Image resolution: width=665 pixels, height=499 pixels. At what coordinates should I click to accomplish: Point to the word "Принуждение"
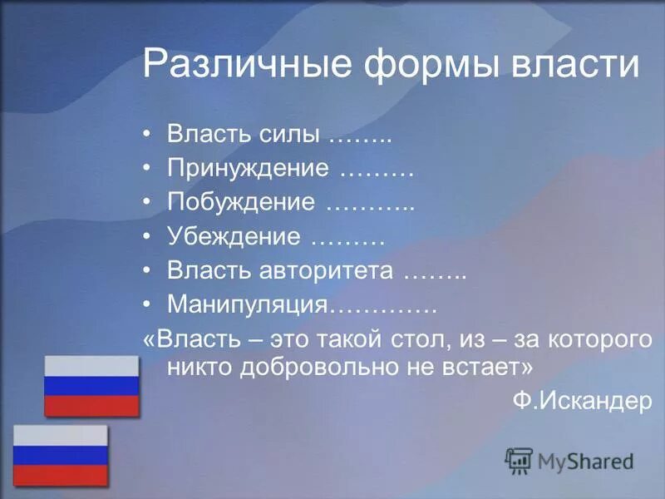coord(248,169)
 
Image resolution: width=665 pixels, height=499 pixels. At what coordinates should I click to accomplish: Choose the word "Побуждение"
coord(241,203)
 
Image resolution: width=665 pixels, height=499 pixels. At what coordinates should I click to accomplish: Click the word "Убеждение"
coord(234,237)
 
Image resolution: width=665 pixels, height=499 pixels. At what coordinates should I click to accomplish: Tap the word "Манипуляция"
coord(248,305)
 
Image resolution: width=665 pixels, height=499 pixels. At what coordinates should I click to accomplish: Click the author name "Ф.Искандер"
coord(582,400)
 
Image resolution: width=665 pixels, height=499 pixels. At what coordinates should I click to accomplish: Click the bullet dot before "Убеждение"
coord(147,237)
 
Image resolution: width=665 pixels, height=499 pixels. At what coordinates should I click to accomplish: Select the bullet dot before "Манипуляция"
coord(147,305)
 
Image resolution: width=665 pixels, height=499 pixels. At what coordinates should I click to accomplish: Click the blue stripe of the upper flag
coord(91,385)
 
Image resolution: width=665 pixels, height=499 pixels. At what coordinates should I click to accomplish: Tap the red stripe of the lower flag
coord(60,475)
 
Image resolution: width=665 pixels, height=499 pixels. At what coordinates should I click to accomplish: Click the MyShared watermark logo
coord(570,460)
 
